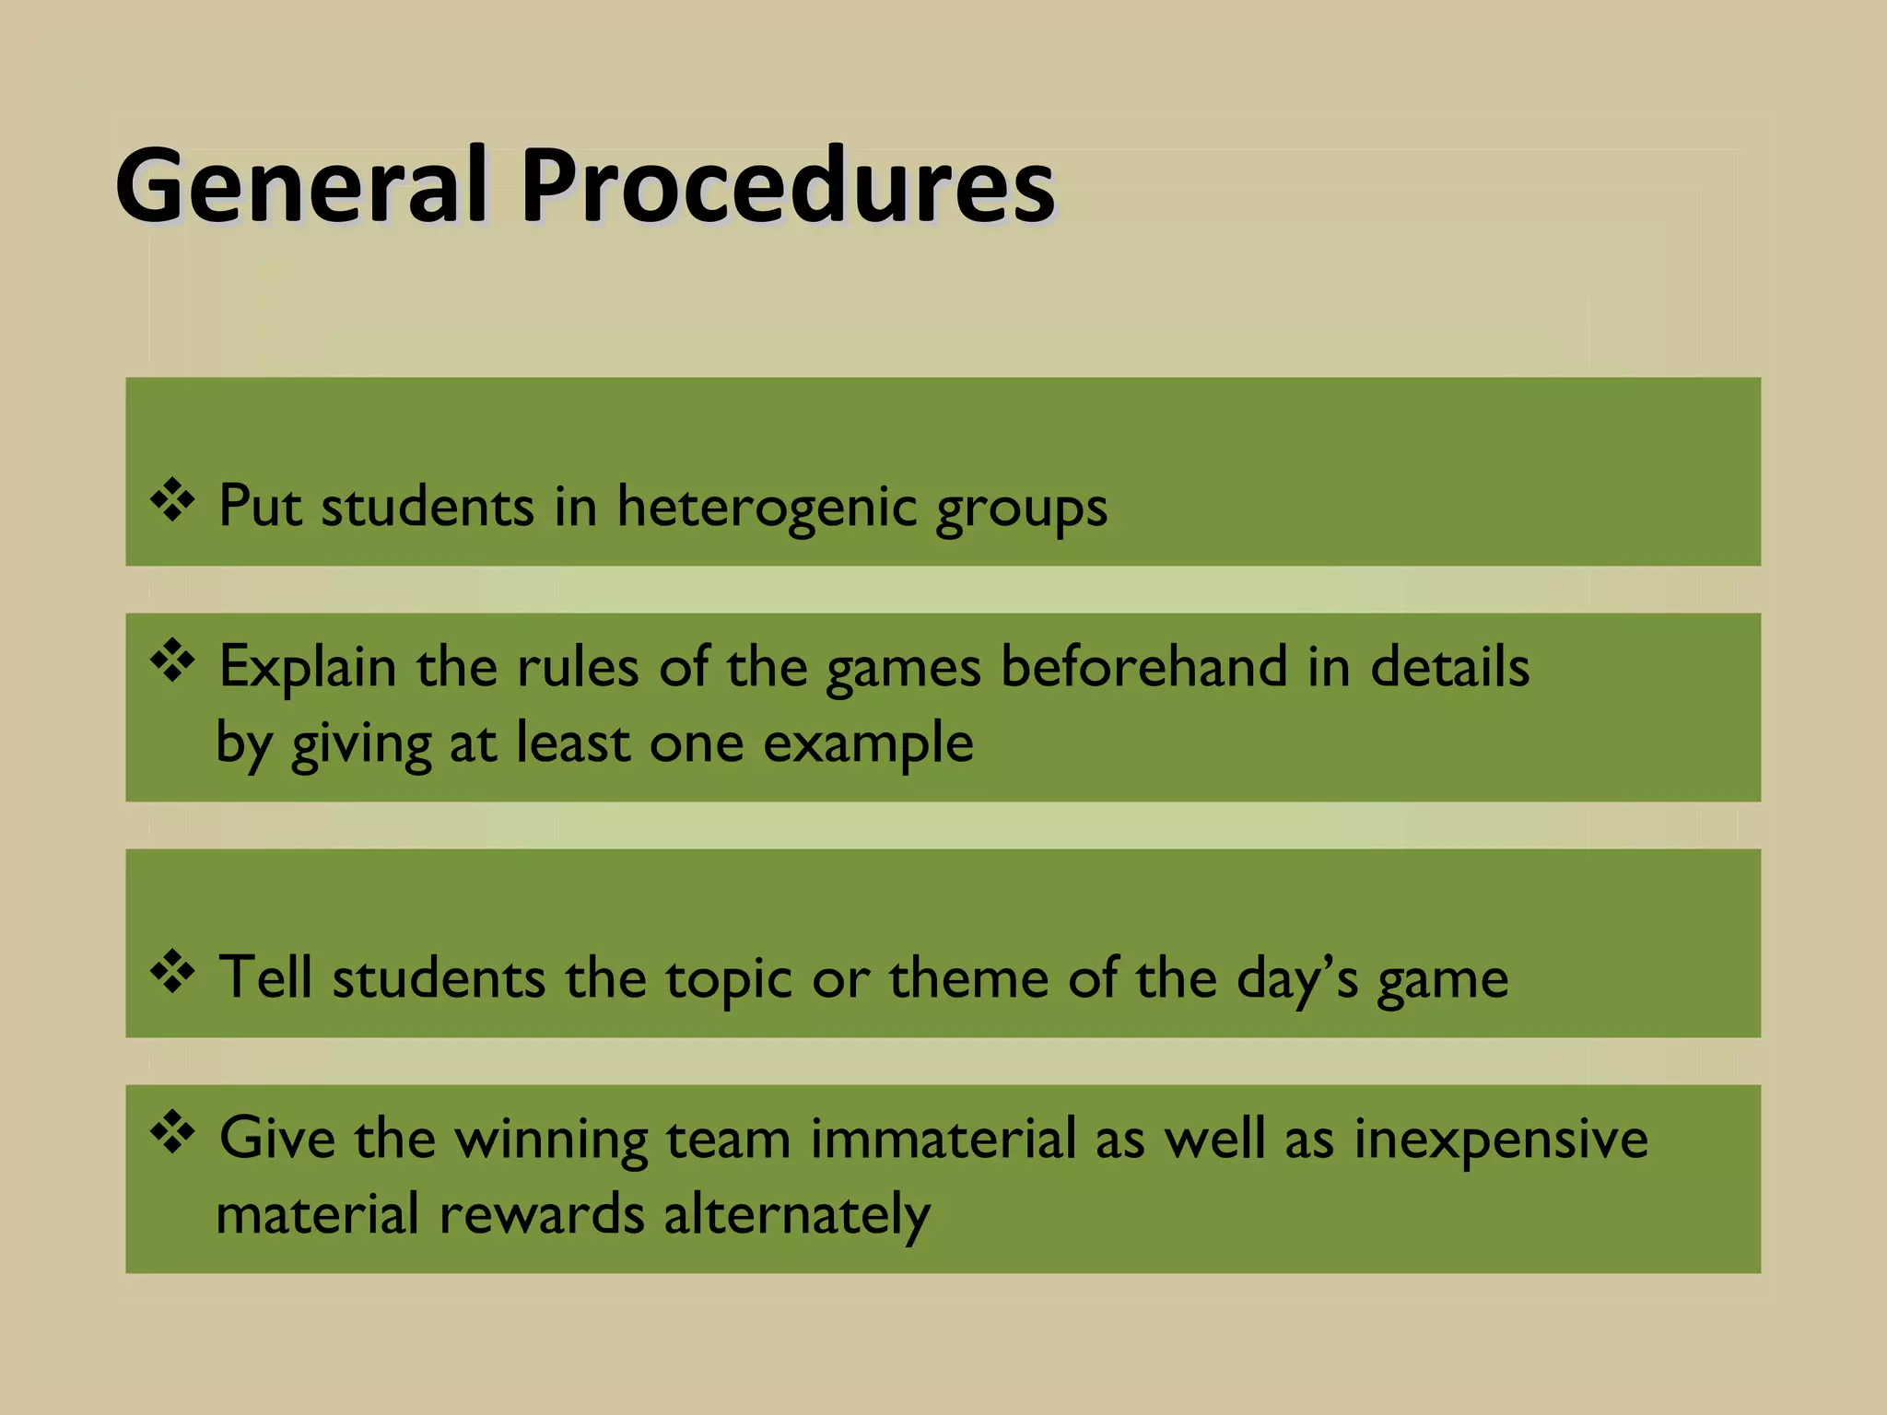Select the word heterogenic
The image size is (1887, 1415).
tap(767, 507)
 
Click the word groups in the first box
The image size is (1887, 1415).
tap(1021, 509)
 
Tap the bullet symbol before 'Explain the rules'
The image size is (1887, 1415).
tap(172, 661)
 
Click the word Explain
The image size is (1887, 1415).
tap(307, 668)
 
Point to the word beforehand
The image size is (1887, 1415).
tap(1143, 666)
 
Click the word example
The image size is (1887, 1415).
tap(868, 743)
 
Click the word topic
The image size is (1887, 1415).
tap(729, 980)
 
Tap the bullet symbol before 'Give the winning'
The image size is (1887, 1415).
tap(172, 1132)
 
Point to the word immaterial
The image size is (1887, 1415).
tap(943, 1138)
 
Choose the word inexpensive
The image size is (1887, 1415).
tap(1500, 1140)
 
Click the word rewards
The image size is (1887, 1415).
tap(541, 1213)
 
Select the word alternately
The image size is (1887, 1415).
tap(797, 1215)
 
